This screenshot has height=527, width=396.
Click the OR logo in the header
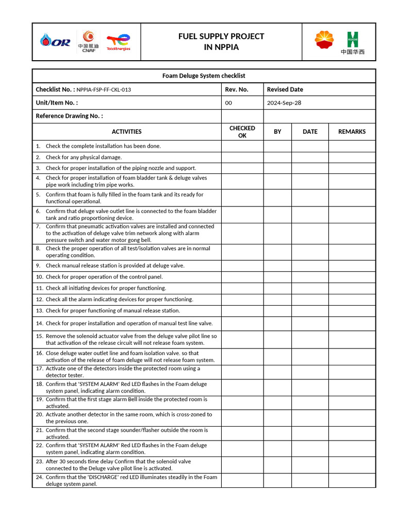pyautogui.click(x=55, y=42)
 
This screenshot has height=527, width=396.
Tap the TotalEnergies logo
pyautogui.click(x=118, y=42)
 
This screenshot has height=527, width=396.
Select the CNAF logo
pyautogui.click(x=89, y=41)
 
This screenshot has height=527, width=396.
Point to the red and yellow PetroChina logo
pyautogui.click(x=324, y=40)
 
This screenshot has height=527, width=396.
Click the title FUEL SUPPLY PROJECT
pyautogui.click(x=221, y=36)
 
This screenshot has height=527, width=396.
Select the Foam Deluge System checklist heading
pyautogui.click(x=204, y=76)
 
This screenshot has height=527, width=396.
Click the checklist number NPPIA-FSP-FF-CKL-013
pyautogui.click(x=104, y=90)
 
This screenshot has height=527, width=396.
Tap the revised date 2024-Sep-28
pyautogui.click(x=284, y=103)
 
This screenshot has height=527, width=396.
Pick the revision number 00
pyautogui.click(x=229, y=103)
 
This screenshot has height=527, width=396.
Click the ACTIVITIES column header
pyautogui.click(x=126, y=132)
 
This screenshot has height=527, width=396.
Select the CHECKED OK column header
pyautogui.click(x=242, y=132)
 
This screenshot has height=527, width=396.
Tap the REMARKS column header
pyautogui.click(x=352, y=132)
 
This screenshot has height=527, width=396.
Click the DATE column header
pyautogui.click(x=310, y=132)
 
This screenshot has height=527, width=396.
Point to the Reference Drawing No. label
pyautogui.click(x=69, y=116)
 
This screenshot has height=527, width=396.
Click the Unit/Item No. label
pyautogui.click(x=57, y=103)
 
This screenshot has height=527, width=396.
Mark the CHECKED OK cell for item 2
pyautogui.click(x=242, y=157)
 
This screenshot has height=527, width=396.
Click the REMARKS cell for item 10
pyautogui.click(x=352, y=277)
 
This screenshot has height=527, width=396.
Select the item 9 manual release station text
pyautogui.click(x=114, y=266)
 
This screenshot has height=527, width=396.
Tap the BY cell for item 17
pyautogui.click(x=277, y=372)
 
